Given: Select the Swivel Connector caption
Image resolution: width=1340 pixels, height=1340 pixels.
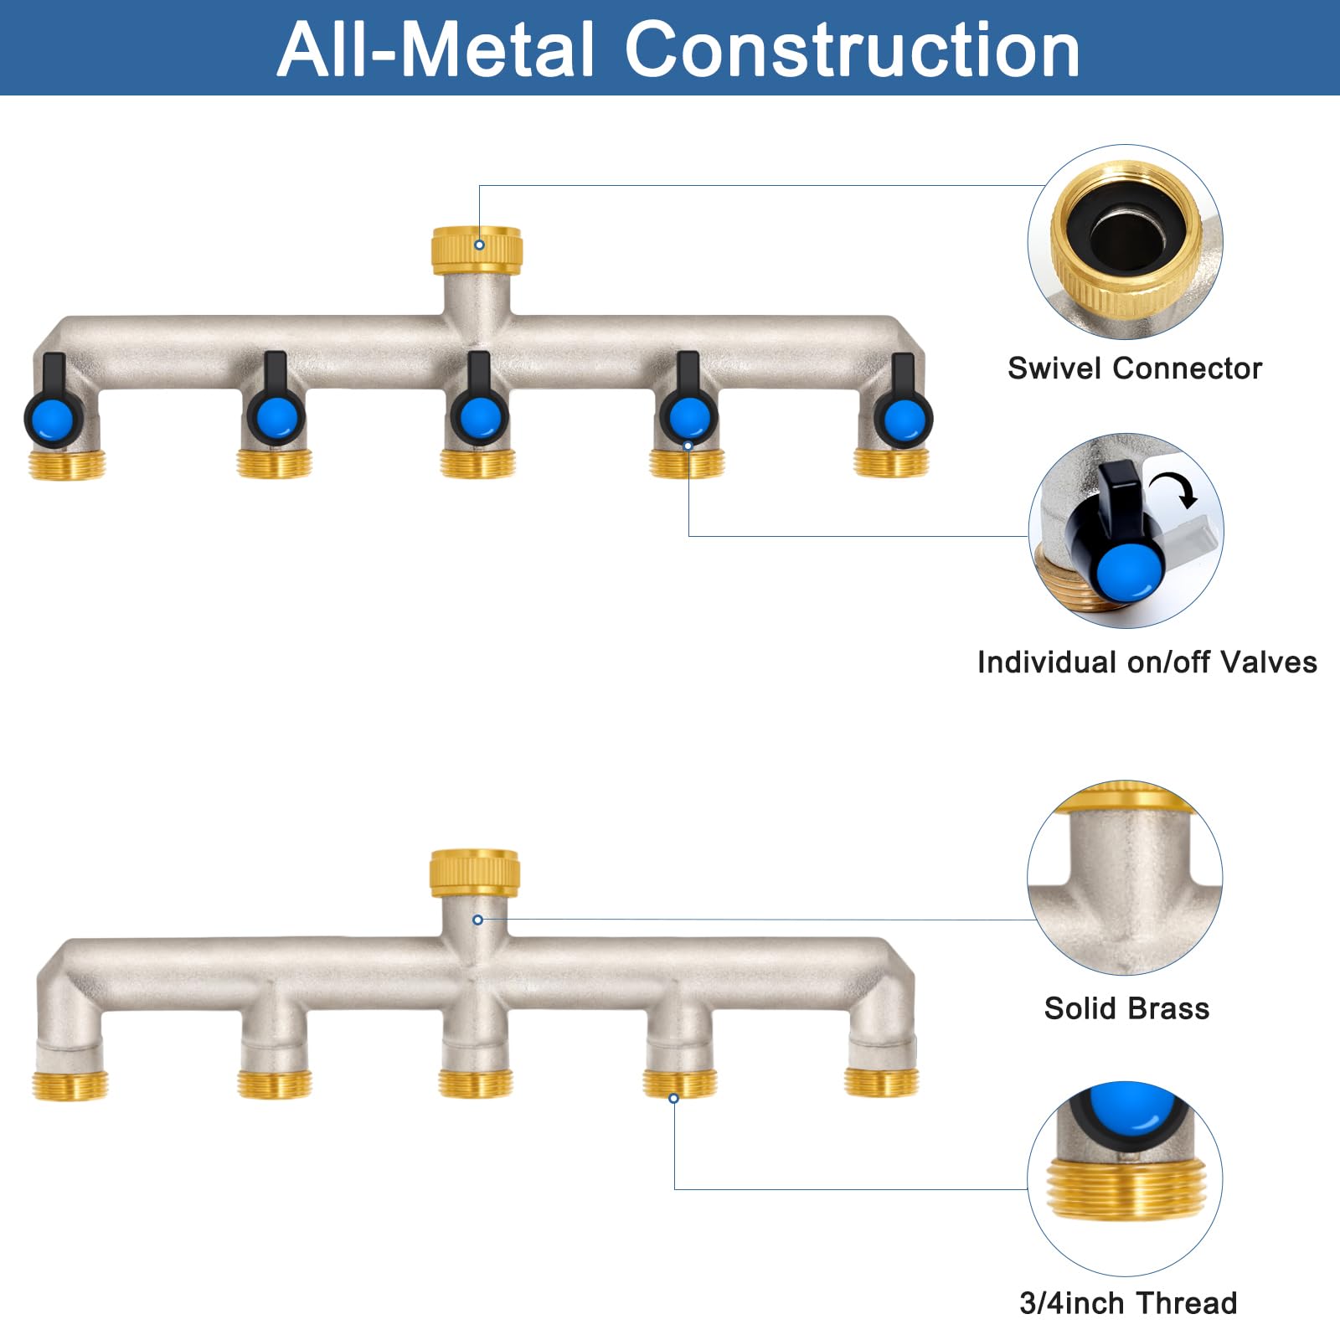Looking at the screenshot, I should (x=1135, y=368).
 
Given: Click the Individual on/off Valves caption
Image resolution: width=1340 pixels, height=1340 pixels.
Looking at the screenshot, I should (x=1147, y=662).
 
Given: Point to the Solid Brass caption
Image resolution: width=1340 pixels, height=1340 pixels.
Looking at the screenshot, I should (x=1126, y=1008).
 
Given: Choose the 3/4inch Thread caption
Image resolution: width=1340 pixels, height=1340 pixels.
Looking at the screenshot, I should (x=1128, y=1303).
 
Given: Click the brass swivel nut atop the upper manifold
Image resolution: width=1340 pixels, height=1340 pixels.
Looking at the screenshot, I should (x=477, y=250).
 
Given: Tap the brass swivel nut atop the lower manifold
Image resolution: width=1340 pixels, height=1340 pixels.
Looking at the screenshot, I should (x=475, y=873).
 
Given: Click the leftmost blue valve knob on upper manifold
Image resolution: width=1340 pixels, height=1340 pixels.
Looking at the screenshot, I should (x=53, y=418).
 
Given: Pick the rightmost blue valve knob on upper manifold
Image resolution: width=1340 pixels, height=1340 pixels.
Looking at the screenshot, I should (x=903, y=418).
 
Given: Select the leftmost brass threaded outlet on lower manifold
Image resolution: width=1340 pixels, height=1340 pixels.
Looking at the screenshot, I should (x=70, y=1085).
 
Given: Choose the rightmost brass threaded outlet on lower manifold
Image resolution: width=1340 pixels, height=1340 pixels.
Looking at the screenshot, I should (x=881, y=1082).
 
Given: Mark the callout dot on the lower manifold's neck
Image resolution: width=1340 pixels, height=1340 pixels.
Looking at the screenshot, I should (x=477, y=920).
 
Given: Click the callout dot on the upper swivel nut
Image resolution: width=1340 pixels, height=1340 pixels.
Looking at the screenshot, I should (x=479, y=245).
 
